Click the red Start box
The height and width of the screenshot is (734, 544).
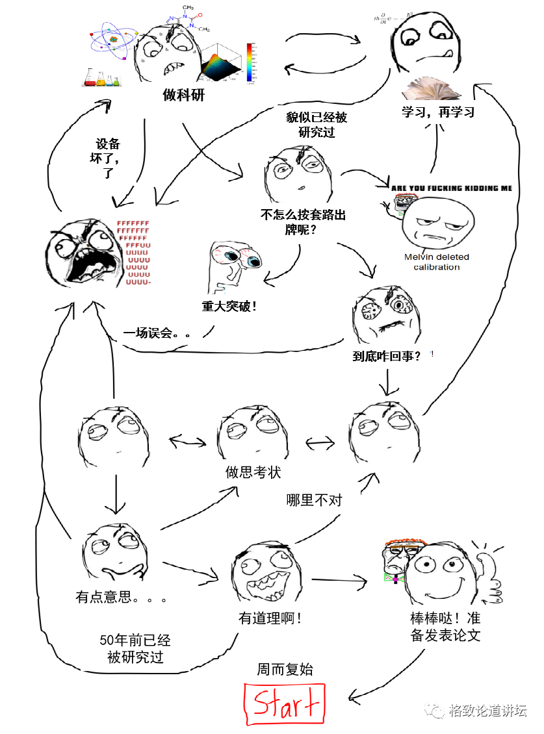point(285,703)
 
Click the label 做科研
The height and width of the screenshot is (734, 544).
point(183,95)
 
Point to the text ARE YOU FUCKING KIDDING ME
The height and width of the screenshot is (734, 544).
point(451,188)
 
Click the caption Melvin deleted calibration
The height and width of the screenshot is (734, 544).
point(436,262)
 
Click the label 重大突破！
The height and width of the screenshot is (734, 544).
point(229,305)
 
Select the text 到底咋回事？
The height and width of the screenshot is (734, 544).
point(386,356)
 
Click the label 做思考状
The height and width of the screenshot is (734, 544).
point(253,472)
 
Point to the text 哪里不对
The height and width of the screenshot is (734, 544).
point(314,500)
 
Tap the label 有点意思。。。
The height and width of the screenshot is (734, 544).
point(121,596)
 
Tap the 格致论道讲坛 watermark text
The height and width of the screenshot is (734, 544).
point(487,711)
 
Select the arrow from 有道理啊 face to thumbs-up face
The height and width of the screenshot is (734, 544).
point(338,579)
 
